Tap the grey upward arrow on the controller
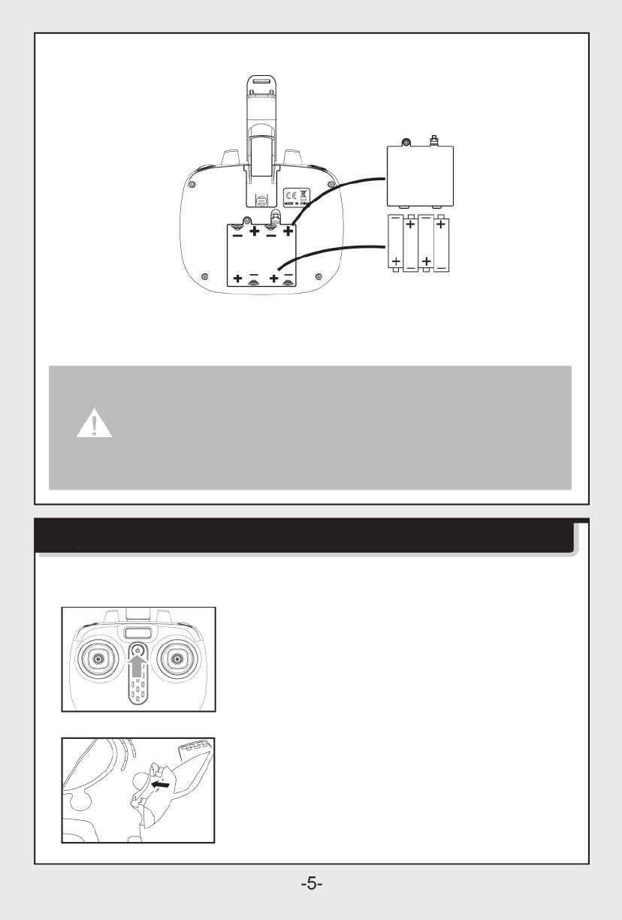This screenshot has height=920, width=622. coord(136,668)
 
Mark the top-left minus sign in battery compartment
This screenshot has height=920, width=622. coord(237,234)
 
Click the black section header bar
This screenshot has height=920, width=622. coord(305,536)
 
